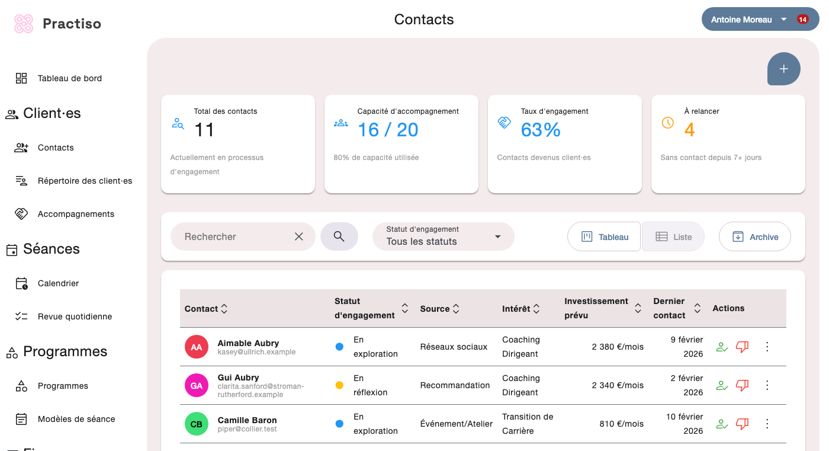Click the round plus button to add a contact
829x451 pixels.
(783, 69)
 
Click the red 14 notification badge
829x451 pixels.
(802, 20)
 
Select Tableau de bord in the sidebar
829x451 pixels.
(69, 78)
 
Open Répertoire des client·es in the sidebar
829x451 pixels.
(85, 181)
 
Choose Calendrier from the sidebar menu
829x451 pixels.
(58, 283)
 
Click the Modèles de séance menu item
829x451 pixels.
(76, 419)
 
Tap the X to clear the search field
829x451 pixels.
(299, 236)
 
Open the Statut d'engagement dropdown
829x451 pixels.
(443, 236)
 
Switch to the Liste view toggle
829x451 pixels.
(673, 236)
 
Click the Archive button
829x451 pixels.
(754, 236)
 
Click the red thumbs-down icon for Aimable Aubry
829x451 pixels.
(742, 347)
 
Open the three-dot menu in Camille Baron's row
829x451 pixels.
(767, 424)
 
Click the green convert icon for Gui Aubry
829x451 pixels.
(722, 385)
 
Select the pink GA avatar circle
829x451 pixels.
(197, 385)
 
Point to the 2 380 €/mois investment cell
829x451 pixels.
(617, 347)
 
